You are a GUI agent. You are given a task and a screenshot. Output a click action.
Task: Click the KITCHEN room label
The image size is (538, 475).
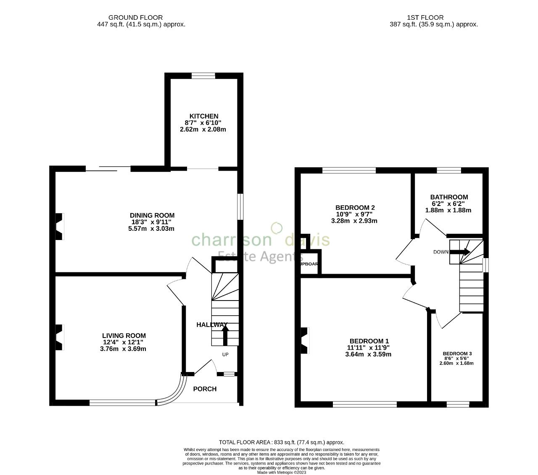tap(204, 116)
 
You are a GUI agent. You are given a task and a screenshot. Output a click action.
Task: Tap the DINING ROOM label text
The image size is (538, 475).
tap(152, 216)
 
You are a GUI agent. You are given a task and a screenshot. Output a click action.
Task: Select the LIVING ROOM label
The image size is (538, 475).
tap(124, 335)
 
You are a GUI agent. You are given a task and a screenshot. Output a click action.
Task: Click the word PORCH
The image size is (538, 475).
tap(205, 389)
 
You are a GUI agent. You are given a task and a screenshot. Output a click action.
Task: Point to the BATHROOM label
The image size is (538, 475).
tap(449, 197)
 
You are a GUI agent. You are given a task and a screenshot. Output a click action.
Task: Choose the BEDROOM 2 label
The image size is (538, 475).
tap(355, 208)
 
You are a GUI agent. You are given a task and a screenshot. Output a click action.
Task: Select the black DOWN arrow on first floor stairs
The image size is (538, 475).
tap(459, 252)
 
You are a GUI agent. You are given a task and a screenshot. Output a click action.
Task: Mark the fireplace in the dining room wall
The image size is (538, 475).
tap(59, 227)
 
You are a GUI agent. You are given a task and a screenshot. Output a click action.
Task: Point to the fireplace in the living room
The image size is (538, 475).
tap(59, 337)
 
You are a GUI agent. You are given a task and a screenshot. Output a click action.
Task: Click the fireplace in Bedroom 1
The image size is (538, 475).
tap(305, 340)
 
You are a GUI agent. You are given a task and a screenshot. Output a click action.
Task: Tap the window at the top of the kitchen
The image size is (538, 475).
tap(203, 76)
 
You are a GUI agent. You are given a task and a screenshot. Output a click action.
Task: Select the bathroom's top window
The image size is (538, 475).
tap(448, 170)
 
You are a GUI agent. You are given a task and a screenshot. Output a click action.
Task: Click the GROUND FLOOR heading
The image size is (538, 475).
tap(135, 18)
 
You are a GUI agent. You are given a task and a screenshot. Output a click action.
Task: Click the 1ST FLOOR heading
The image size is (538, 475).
tap(425, 18)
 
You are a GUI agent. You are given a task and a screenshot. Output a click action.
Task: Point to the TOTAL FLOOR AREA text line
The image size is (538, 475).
tap(281, 442)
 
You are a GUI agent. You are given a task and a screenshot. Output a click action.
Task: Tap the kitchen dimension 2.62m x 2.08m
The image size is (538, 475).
tap(203, 129)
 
